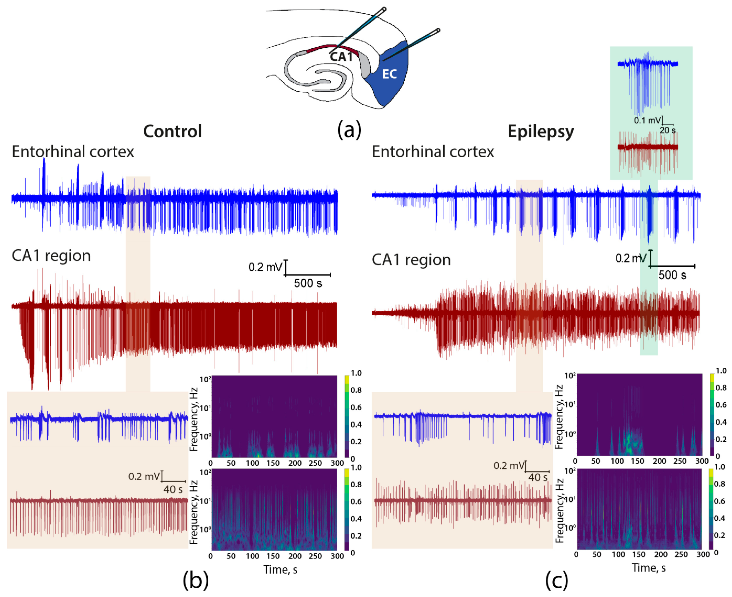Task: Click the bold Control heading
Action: (x=172, y=131)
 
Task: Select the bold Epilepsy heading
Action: (x=541, y=131)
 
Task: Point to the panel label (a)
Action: (x=349, y=130)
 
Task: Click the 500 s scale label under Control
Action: (x=308, y=283)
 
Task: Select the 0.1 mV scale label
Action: (x=647, y=120)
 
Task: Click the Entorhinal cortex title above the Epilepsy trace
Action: (x=433, y=152)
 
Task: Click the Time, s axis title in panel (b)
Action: (x=280, y=570)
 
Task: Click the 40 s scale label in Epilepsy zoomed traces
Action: (x=538, y=477)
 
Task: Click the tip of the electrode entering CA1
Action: (x=331, y=53)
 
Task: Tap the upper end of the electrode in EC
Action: (x=438, y=31)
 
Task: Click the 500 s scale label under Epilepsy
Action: (x=672, y=275)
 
